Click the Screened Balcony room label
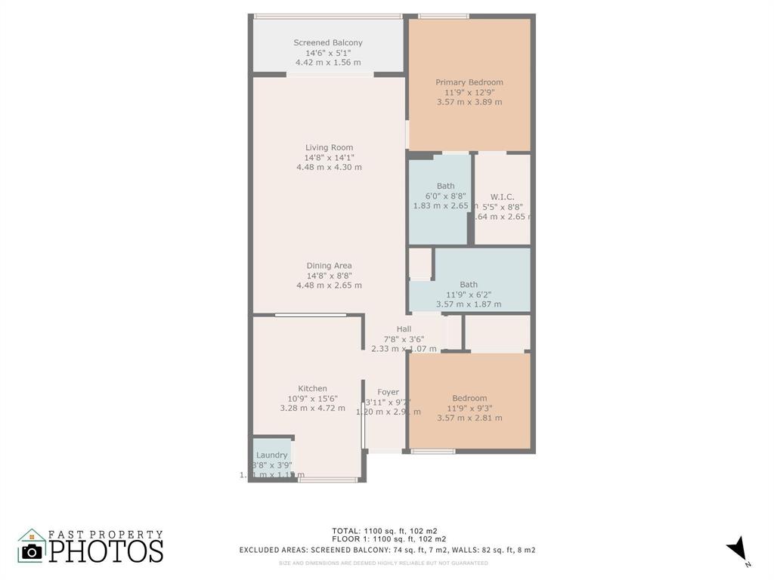(x=328, y=43)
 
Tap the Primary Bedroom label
(x=469, y=82)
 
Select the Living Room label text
(x=329, y=147)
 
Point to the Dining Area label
(x=329, y=266)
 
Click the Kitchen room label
(x=312, y=389)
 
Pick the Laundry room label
(x=271, y=455)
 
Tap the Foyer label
(x=388, y=392)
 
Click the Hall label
(x=404, y=329)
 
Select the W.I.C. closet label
(x=502, y=196)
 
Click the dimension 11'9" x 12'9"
(x=469, y=92)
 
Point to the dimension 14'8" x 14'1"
(x=329, y=157)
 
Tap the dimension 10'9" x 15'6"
(x=312, y=399)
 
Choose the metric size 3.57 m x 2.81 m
(x=469, y=418)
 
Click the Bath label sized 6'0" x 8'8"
(x=445, y=186)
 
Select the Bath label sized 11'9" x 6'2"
(x=469, y=285)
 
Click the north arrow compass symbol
(x=738, y=549)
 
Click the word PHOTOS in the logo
(x=106, y=551)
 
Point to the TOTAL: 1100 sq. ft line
(x=388, y=530)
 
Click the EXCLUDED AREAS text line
(x=387, y=550)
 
